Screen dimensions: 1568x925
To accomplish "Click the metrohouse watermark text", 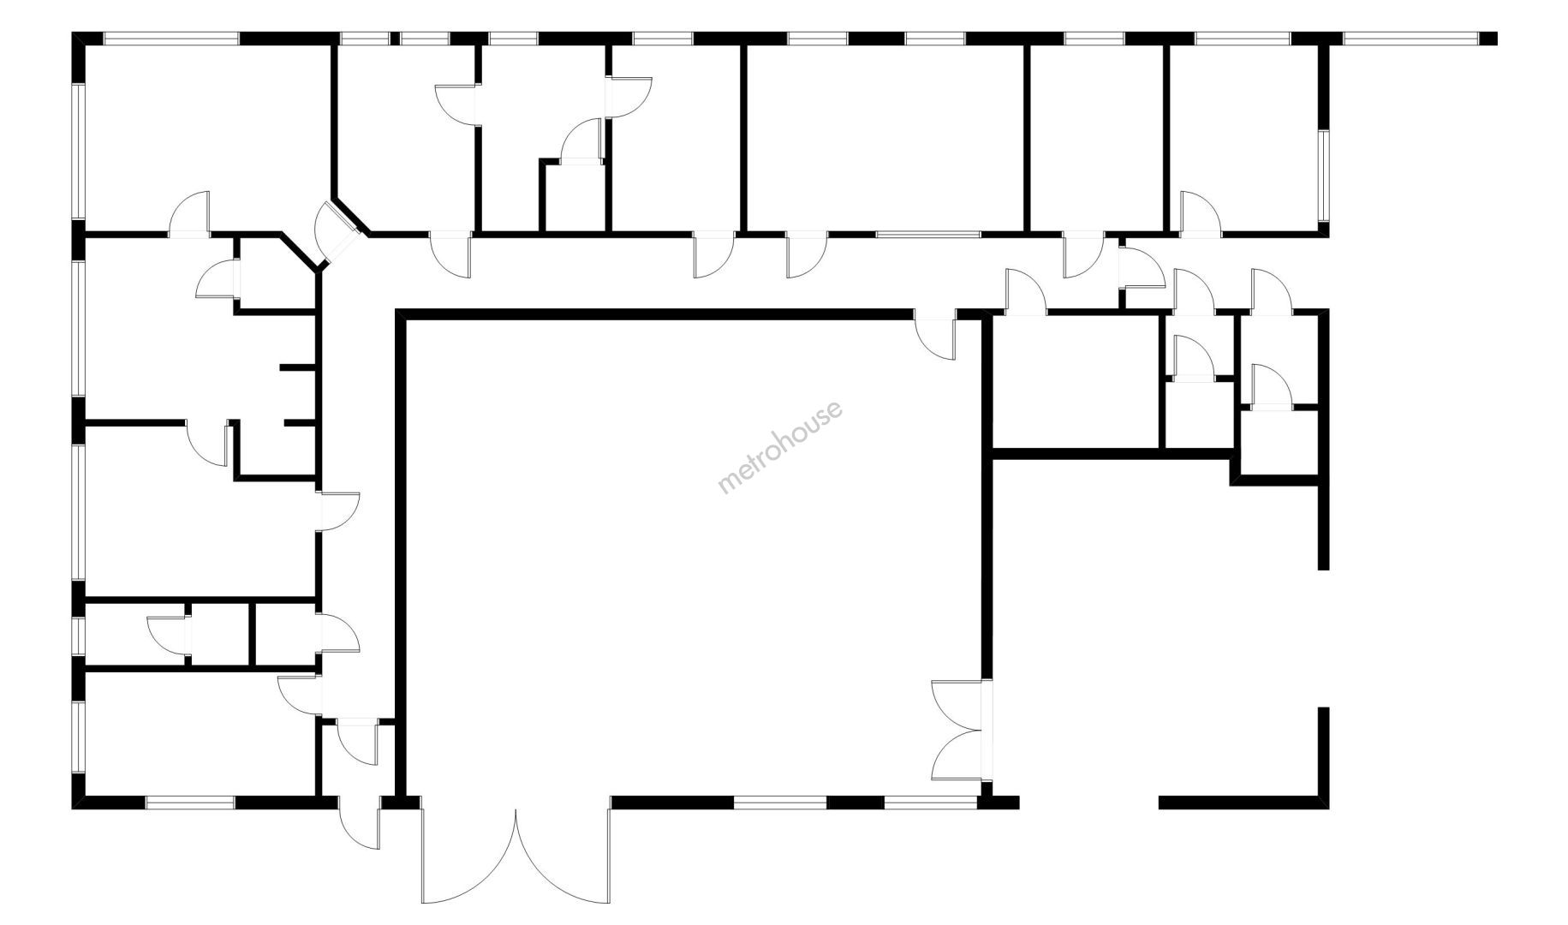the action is (779, 447).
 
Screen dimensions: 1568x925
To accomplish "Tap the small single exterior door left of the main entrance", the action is (360, 822).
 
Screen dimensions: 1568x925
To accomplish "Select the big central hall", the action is (694, 557).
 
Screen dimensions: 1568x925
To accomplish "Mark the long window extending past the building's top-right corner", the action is (1410, 39).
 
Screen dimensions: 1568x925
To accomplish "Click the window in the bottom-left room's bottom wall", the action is (189, 803).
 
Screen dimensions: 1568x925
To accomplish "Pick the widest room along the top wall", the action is (885, 137).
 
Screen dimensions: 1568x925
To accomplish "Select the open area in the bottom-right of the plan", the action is (1156, 634).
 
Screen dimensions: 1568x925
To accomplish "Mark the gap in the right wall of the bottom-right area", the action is (1323, 638).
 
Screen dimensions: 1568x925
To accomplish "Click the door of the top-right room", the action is (1201, 214).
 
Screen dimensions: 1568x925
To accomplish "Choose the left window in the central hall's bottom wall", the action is (779, 803).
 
